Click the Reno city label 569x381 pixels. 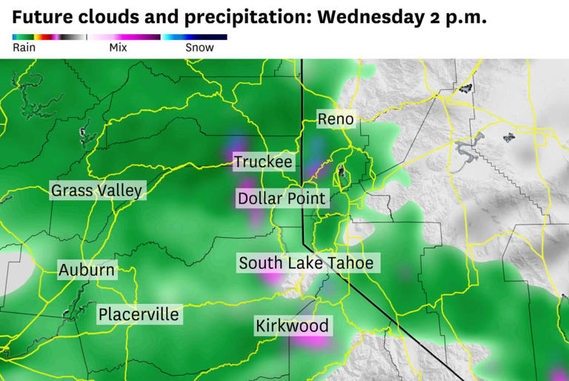[x=335, y=119]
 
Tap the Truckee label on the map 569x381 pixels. [x=263, y=162]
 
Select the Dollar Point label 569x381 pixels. [x=281, y=199]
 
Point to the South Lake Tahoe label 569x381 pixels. [x=305, y=263]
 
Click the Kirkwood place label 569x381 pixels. [x=291, y=326]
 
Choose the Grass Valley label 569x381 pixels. [x=96, y=190]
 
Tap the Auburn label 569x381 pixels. [x=87, y=270]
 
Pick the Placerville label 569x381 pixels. [x=139, y=314]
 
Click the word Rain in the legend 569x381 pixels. [x=24, y=47]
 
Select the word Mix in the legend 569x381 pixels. [x=118, y=47]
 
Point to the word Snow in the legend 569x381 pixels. [x=199, y=47]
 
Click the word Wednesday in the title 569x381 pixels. [x=362, y=17]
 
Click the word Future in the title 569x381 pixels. [x=41, y=17]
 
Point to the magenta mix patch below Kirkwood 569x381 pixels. [x=316, y=343]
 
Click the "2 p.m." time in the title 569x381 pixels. [x=456, y=17]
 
